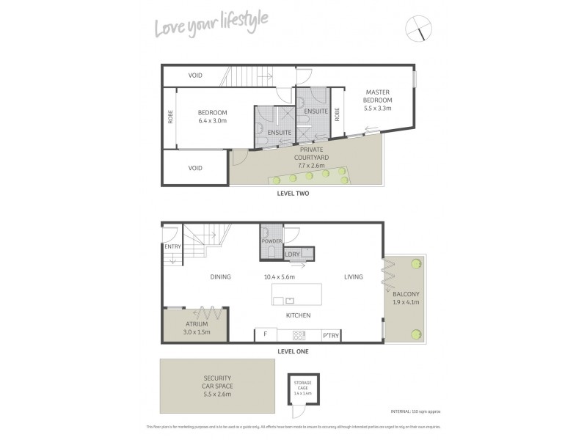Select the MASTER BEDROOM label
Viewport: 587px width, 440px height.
point(378,96)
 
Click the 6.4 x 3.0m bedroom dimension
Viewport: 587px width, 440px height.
point(212,120)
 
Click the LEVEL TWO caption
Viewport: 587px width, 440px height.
point(293,194)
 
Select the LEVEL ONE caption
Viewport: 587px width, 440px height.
point(293,351)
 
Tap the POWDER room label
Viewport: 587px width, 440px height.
point(271,240)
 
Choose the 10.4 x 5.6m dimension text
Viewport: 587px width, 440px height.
point(279,277)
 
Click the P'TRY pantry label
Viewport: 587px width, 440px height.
point(330,336)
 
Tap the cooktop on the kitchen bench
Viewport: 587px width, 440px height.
point(299,336)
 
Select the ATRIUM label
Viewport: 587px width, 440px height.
point(197,323)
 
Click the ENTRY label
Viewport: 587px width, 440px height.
point(172,246)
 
